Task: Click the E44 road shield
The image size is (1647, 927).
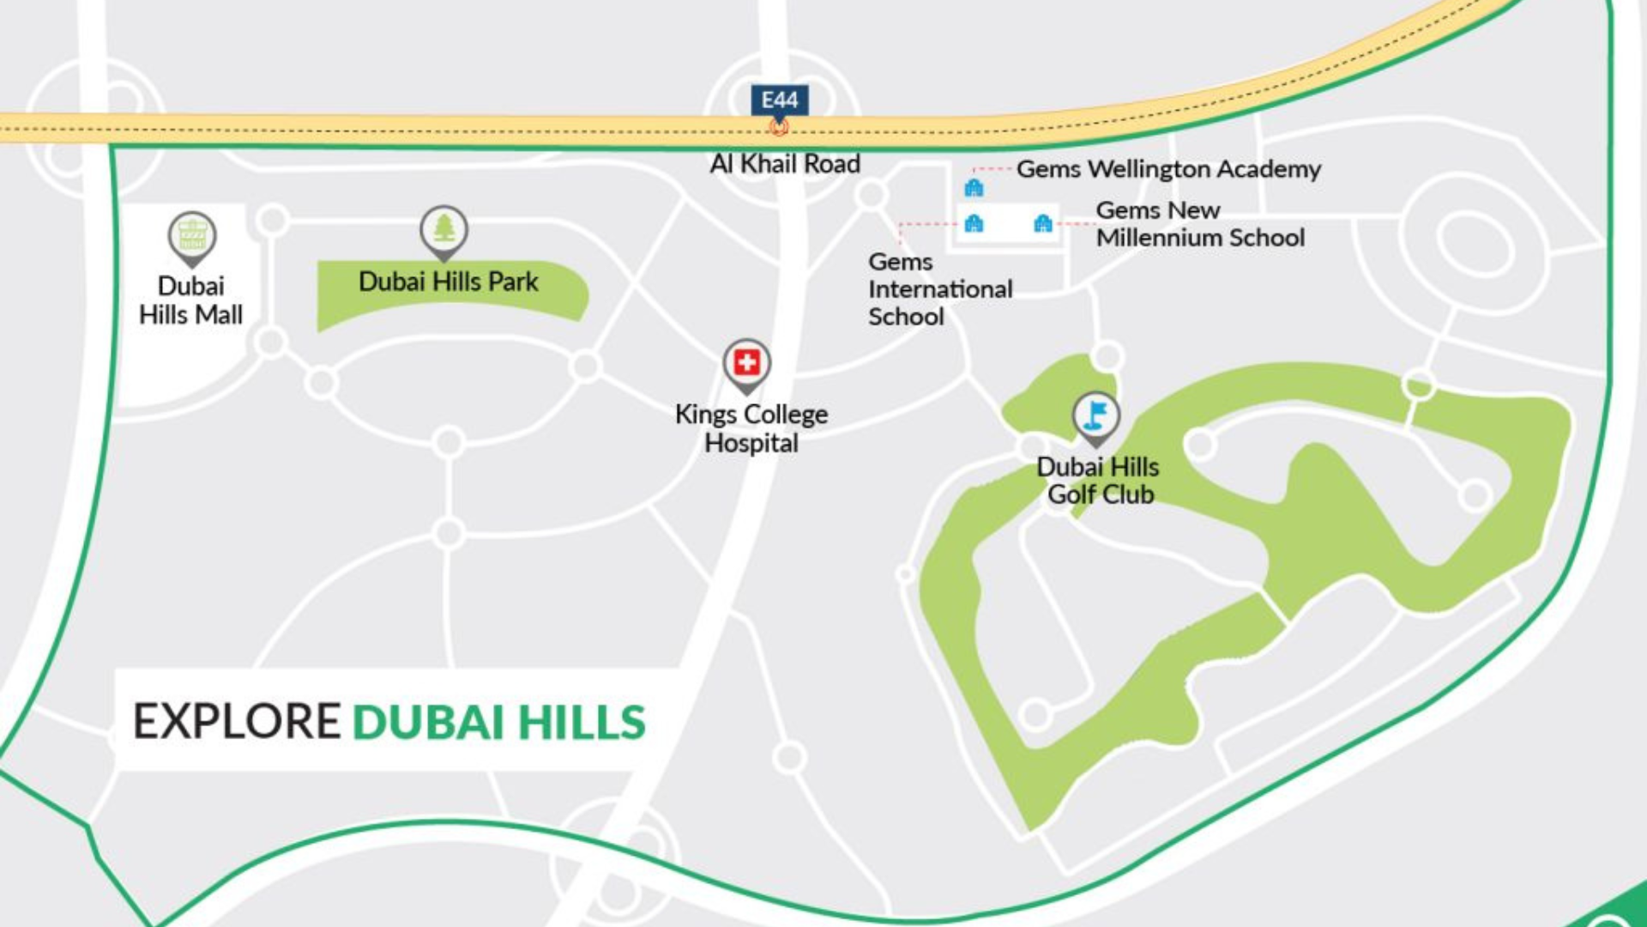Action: pyautogui.click(x=779, y=100)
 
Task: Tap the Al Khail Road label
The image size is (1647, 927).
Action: pyautogui.click(x=785, y=163)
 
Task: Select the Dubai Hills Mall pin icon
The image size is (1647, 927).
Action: pyautogui.click(x=191, y=235)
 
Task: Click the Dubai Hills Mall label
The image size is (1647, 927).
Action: pyautogui.click(x=191, y=300)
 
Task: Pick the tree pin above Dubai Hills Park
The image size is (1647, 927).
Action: pyautogui.click(x=443, y=229)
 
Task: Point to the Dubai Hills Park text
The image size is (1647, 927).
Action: pyautogui.click(x=448, y=282)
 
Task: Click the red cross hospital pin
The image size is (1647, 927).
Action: pyautogui.click(x=746, y=363)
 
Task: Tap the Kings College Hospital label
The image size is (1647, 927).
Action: pyautogui.click(x=751, y=428)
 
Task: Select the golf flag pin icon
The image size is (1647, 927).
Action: pyautogui.click(x=1095, y=416)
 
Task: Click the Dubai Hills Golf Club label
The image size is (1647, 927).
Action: pyautogui.click(x=1099, y=481)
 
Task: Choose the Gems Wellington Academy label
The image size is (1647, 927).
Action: pyautogui.click(x=1168, y=169)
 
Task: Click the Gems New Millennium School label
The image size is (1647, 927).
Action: pyautogui.click(x=1200, y=224)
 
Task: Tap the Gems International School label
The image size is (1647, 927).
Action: pyautogui.click(x=940, y=289)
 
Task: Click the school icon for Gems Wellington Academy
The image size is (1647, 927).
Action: pyautogui.click(x=974, y=187)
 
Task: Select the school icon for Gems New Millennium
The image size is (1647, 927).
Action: pyautogui.click(x=1043, y=224)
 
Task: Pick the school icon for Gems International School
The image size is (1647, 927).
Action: pyautogui.click(x=974, y=224)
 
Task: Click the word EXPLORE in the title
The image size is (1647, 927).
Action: pyautogui.click(x=237, y=721)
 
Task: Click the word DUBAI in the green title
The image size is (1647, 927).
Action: pyautogui.click(x=428, y=722)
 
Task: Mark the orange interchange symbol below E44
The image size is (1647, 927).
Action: pyautogui.click(x=778, y=128)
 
